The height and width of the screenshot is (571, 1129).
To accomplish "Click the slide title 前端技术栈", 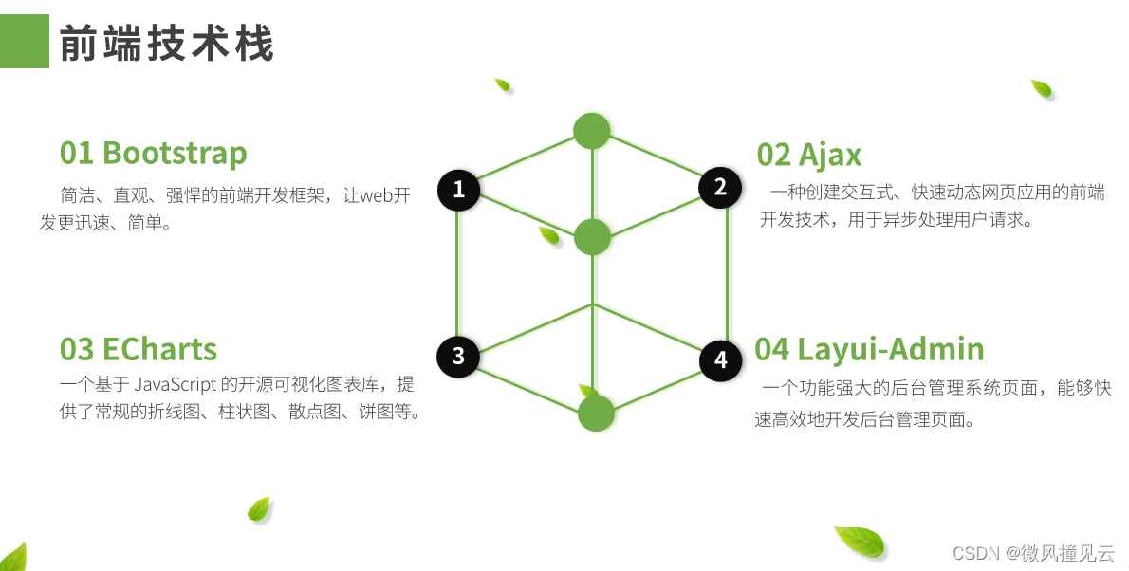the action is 167,44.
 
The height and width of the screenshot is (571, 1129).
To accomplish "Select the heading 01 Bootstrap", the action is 153,153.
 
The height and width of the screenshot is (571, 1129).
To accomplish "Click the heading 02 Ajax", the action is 809,154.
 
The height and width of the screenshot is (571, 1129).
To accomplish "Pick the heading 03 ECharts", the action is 139,349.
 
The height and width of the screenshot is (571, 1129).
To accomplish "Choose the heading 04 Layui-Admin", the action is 869,349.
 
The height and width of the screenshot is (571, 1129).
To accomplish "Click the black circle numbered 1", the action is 459,190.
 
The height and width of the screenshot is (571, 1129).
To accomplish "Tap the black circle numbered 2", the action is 720,187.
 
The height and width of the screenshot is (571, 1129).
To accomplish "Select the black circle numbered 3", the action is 458,356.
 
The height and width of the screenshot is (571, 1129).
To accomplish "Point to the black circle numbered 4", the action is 721,360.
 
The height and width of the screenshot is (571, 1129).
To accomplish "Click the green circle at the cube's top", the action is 592,131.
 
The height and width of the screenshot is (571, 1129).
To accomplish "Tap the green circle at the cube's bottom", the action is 596,414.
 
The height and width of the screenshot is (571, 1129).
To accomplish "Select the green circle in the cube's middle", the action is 592,236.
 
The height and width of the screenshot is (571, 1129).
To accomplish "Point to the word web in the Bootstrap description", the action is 372,196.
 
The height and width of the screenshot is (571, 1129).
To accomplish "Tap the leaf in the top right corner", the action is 1042,89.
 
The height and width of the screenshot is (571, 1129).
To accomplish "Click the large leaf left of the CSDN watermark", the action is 860,542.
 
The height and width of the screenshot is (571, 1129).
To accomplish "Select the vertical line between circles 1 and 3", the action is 458,273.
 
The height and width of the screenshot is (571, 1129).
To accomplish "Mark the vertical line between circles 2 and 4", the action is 727,273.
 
